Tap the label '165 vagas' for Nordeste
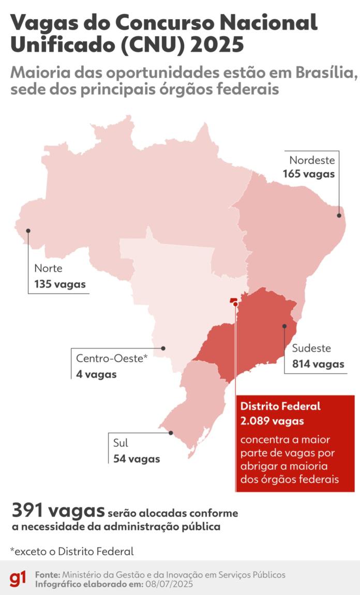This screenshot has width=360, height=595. pos(309,174)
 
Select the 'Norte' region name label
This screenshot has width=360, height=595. pos(48,268)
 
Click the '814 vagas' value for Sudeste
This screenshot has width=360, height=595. pos(318,364)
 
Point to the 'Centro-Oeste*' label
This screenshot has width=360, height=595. pos(112,358)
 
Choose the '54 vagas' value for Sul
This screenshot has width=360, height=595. pos(137,459)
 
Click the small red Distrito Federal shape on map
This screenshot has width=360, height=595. pos(233,300)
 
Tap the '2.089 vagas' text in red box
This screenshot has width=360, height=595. pos(272,421)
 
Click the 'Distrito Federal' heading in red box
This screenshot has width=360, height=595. pos(280,406)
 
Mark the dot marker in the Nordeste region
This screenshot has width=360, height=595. pos(339,215)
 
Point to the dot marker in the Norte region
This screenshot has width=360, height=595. pos(28,231)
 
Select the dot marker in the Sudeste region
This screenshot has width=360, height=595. pos(284,326)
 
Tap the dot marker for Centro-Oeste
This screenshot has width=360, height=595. pos(163,348)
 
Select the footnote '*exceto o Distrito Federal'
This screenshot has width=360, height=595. pos(72,551)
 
